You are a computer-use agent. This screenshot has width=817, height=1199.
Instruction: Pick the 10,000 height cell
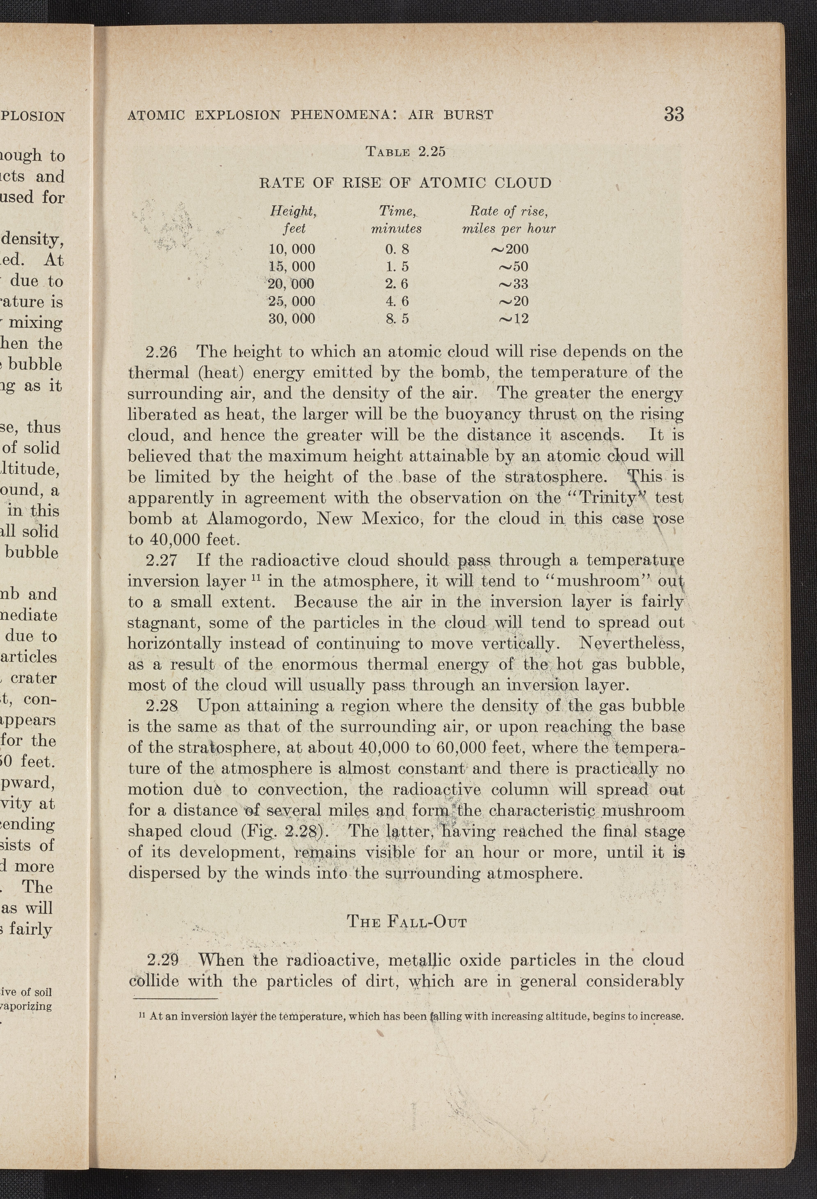click(292, 250)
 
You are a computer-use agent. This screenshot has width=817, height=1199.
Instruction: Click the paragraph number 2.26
click(162, 352)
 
